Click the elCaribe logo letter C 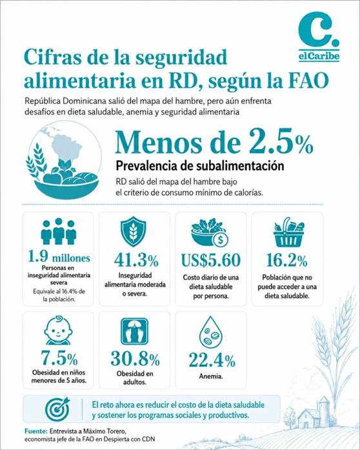click(x=314, y=30)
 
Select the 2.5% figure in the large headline click(x=281, y=141)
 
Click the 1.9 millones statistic click(x=59, y=256)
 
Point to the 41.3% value click(x=136, y=260)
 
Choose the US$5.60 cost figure click(x=211, y=260)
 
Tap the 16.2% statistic click(x=287, y=260)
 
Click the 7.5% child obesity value click(x=59, y=358)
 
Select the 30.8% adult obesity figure click(x=135, y=359)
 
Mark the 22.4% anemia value click(x=212, y=360)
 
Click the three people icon click(x=59, y=231)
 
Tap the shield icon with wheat click(x=134, y=231)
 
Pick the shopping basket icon click(x=288, y=232)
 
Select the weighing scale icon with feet click(x=135, y=331)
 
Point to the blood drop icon click(x=211, y=331)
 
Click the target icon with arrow click(x=57, y=409)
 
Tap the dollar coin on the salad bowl click(x=220, y=240)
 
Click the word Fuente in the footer click(x=35, y=431)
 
